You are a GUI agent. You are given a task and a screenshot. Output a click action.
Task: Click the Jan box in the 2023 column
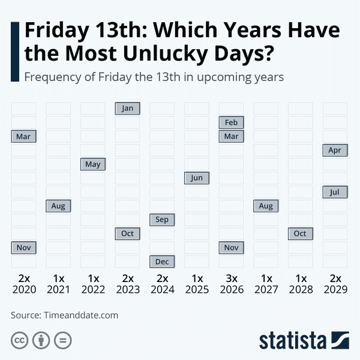127,109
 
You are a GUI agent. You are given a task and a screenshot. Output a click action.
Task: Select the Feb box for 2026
231,122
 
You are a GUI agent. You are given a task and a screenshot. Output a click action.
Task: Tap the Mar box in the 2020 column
23,136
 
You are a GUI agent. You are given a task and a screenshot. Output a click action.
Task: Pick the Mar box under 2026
231,136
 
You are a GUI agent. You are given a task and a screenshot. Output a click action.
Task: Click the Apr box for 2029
335,150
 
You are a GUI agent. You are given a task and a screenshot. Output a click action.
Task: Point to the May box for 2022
92,164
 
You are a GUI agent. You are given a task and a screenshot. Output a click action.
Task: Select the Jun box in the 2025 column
196,178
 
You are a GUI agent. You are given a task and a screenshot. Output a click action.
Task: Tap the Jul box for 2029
335,192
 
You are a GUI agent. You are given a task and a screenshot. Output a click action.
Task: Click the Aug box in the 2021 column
58,206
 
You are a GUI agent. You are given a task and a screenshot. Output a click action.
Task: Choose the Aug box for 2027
266,206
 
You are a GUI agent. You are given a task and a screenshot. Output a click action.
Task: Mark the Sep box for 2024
162,220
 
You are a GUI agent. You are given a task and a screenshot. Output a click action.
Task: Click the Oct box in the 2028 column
300,233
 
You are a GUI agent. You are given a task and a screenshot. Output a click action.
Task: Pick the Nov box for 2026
231,247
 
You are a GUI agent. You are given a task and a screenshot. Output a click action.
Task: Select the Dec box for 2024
162,261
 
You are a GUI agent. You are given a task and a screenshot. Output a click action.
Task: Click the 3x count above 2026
232,278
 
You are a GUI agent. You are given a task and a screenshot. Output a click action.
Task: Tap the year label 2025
197,289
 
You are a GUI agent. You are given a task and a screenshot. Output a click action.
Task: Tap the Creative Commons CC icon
20,341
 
